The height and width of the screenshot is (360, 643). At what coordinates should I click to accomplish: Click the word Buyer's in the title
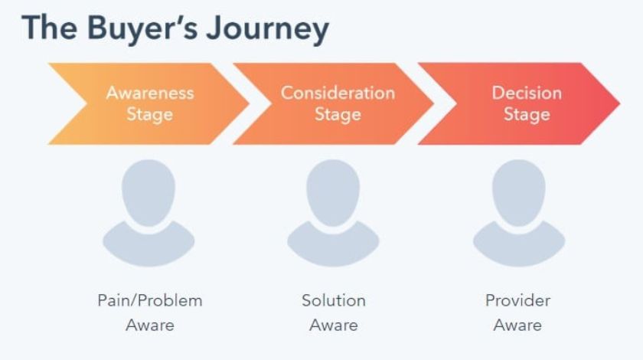click(143, 28)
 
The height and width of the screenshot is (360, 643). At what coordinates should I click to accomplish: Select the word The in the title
click(49, 27)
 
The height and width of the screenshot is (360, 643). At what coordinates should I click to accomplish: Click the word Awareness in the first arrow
click(150, 93)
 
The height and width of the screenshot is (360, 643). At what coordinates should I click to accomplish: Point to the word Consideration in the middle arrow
click(338, 93)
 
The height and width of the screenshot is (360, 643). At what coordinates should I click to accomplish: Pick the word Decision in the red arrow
click(527, 93)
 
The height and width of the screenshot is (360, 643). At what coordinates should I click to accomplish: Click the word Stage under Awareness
click(150, 115)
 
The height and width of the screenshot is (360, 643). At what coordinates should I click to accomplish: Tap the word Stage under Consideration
click(338, 115)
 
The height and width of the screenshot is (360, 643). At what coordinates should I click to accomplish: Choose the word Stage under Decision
click(527, 115)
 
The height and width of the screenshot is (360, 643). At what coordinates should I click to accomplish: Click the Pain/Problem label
click(150, 300)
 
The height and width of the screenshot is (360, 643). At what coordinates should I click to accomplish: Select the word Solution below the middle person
click(334, 300)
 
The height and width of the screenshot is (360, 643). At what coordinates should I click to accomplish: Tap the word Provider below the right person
click(518, 300)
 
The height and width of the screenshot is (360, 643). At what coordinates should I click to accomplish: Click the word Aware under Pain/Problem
click(150, 325)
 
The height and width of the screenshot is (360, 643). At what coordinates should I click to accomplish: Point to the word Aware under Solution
click(334, 325)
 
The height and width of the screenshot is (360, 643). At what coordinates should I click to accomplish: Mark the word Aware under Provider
click(518, 325)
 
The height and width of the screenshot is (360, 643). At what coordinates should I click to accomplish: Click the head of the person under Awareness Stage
click(149, 192)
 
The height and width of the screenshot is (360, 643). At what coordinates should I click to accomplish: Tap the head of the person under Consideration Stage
click(333, 192)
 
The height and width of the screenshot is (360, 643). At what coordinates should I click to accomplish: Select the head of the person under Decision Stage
click(519, 192)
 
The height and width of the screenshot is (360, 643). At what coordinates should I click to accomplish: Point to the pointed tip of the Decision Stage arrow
click(619, 103)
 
